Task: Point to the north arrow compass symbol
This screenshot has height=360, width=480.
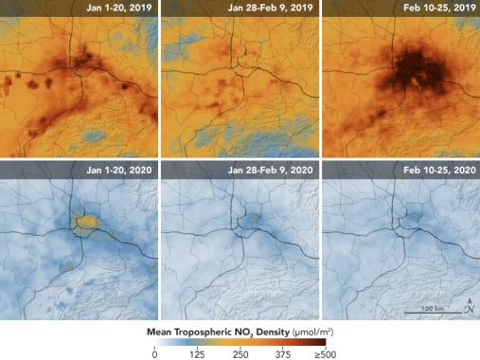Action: point(469,305)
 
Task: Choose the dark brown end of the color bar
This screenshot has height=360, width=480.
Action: point(322,343)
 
